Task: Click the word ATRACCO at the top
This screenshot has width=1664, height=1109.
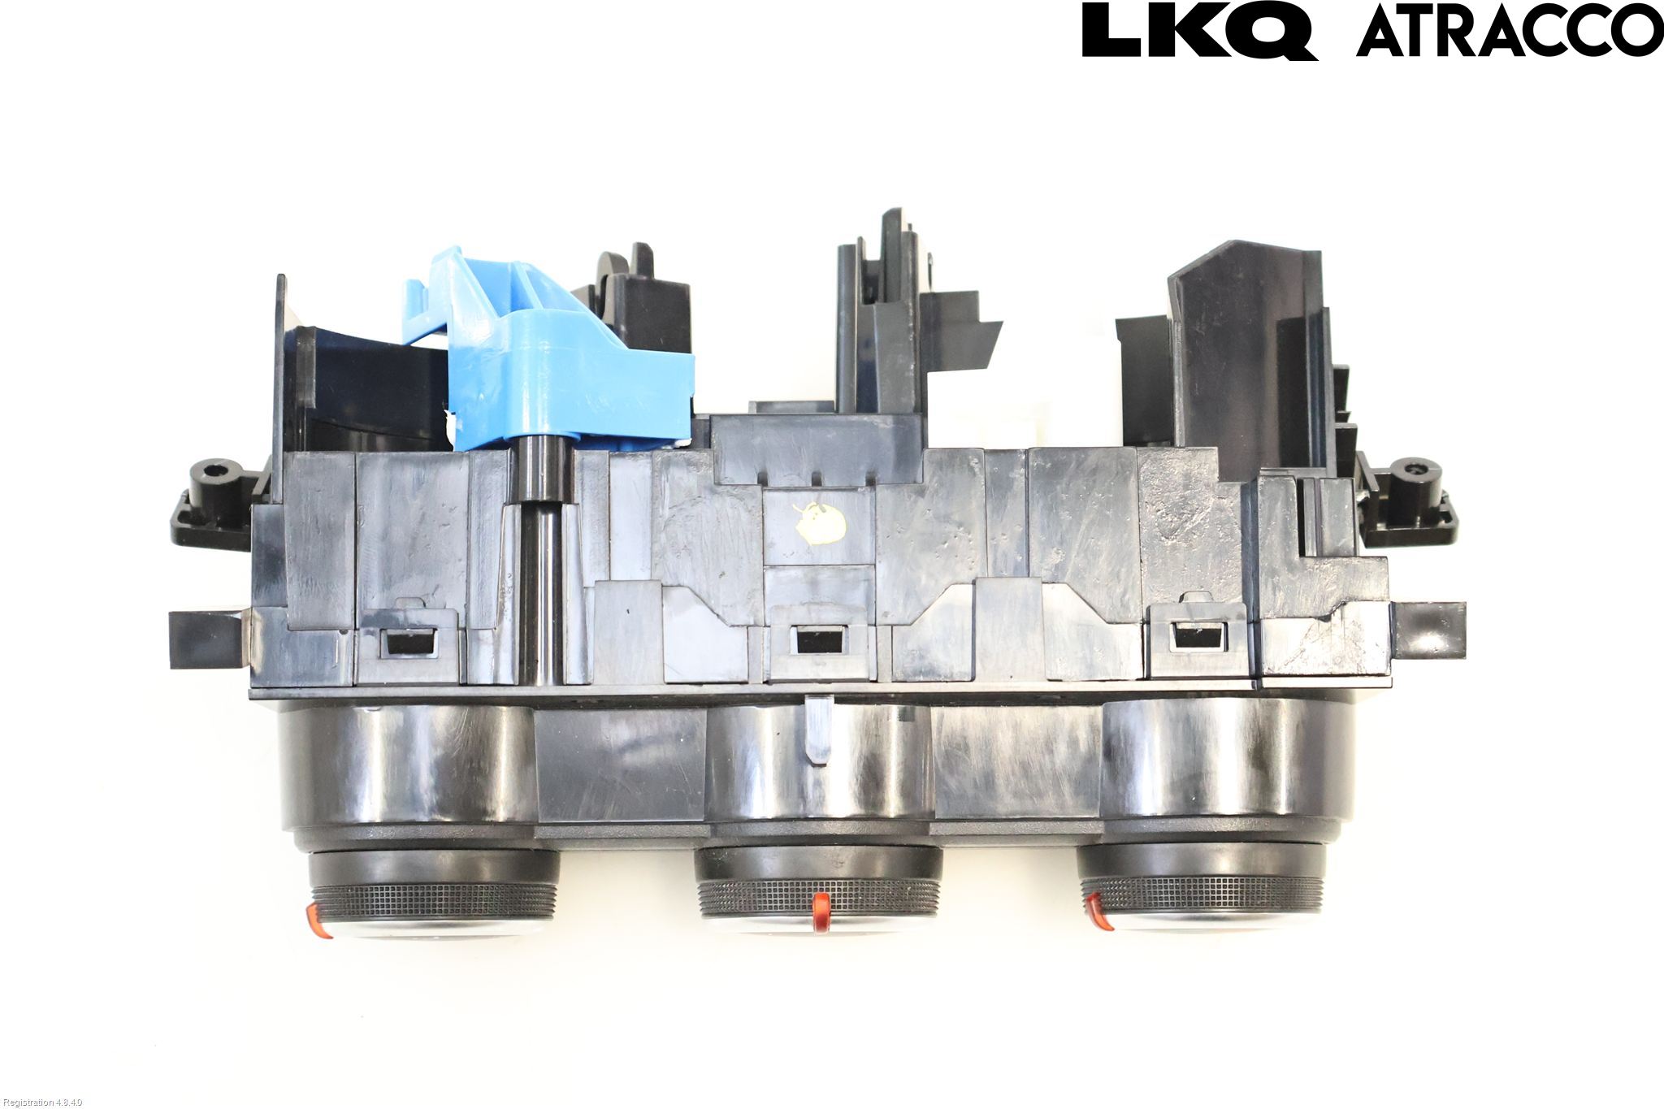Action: pos(1510,32)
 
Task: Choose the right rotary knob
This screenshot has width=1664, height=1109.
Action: pos(1202,890)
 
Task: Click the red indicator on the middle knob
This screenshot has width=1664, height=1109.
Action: pos(821,910)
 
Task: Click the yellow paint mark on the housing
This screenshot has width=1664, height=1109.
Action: pos(819,517)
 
